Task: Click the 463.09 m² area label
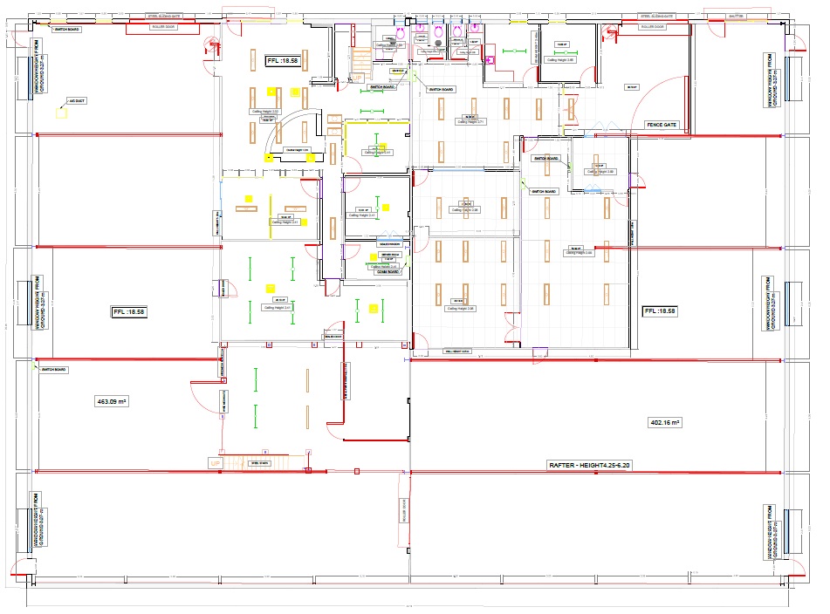pos(111,401)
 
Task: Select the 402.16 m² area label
pos(665,422)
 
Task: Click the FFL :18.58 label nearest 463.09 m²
pos(127,311)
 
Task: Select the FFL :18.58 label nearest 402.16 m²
pos(660,311)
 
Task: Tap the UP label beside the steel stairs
pos(215,463)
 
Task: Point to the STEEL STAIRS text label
pos(260,463)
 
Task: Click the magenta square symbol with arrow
pos(490,60)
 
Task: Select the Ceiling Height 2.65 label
pos(559,59)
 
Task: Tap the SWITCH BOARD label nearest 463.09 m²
pos(54,370)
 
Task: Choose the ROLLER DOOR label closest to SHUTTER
pos(651,27)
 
